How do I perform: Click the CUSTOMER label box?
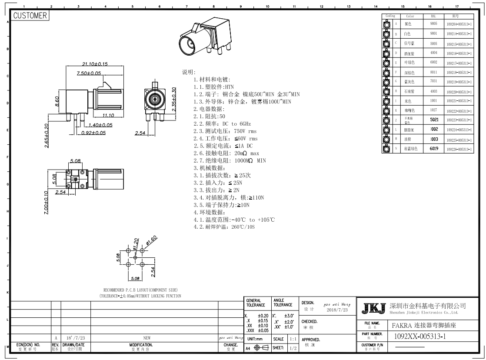(30, 16)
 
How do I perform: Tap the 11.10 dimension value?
(107, 115)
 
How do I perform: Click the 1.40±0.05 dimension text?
(100, 125)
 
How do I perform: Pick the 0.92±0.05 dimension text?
(93, 132)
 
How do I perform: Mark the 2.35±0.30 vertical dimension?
(174, 100)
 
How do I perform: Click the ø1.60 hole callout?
(151, 240)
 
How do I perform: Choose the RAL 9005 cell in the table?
(433, 23)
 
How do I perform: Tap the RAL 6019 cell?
(433, 148)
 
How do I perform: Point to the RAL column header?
(433, 16)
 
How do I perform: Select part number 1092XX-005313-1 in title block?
(421, 336)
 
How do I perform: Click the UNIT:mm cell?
(257, 339)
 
